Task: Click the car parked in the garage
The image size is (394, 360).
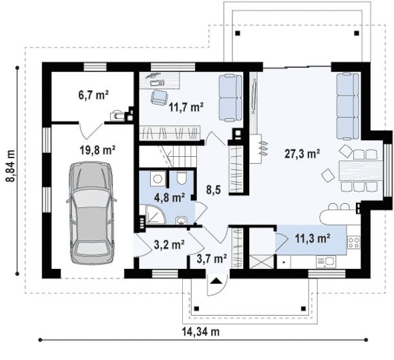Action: click(91, 213)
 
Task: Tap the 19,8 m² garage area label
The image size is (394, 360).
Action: click(98, 150)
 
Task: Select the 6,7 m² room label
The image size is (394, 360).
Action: click(94, 95)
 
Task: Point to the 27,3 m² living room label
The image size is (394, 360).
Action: click(302, 154)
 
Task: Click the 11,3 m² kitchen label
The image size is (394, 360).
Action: click(312, 238)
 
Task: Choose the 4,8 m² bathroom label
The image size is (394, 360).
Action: click(170, 198)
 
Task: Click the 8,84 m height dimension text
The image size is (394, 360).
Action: click(10, 165)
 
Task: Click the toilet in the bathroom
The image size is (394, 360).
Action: click(181, 178)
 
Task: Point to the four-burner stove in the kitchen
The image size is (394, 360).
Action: click(353, 242)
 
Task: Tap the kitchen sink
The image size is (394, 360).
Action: click(326, 262)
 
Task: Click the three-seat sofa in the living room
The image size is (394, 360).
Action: click(348, 106)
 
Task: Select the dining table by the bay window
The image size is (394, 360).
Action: click(361, 170)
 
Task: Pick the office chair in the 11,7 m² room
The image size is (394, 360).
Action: click(160, 97)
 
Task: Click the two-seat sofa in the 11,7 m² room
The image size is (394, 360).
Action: click(230, 98)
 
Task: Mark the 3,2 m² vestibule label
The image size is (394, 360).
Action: click(169, 245)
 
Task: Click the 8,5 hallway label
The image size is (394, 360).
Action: click(213, 190)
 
